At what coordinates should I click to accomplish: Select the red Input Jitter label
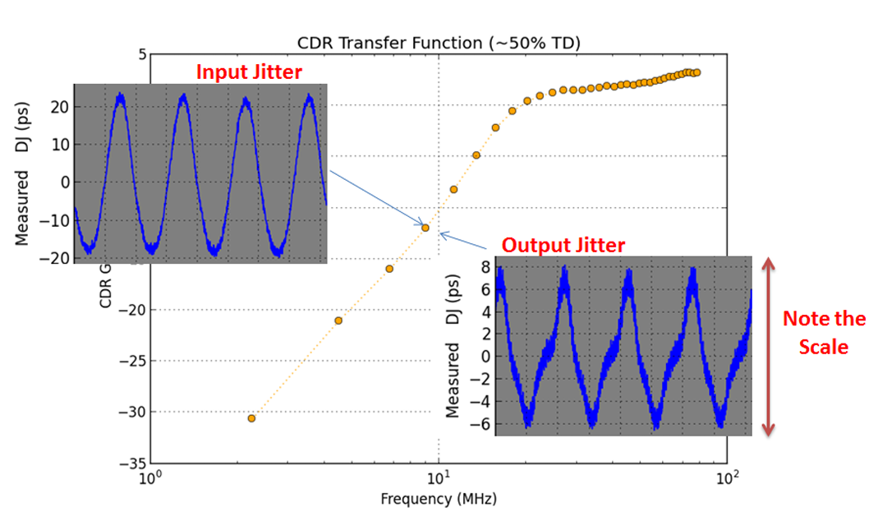249,71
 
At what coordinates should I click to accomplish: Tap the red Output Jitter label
563,245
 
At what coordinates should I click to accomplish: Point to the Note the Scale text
824,333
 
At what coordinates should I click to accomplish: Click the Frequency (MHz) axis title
439,499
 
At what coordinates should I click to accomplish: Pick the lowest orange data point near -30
251,418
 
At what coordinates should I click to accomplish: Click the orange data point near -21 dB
338,320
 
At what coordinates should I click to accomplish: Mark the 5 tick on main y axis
141,54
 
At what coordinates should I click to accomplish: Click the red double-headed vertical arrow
769,346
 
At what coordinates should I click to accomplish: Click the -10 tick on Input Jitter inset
55,219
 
